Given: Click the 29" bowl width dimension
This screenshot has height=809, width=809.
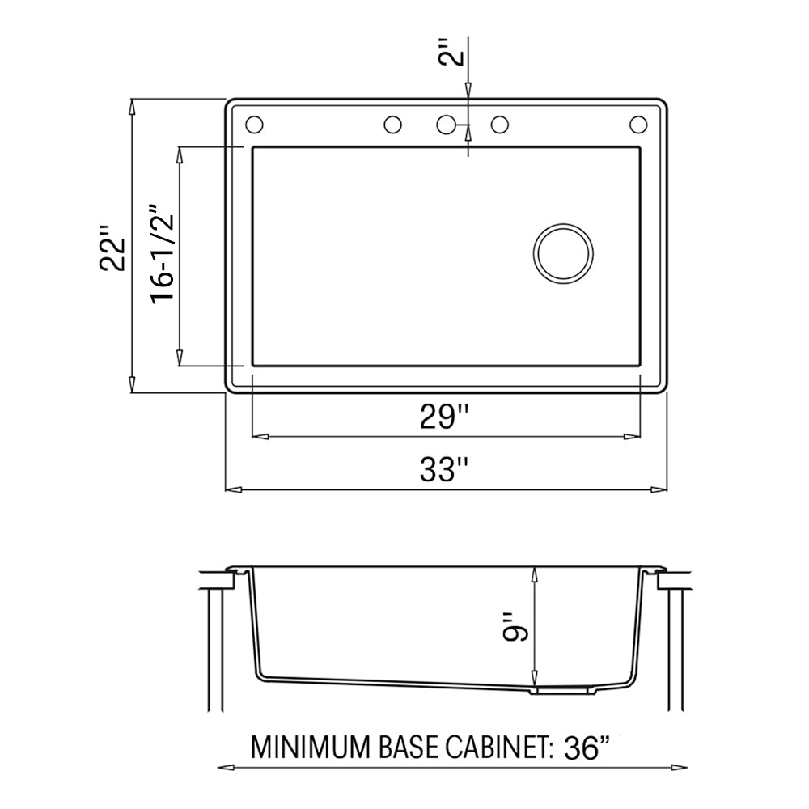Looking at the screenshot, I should [x=445, y=417].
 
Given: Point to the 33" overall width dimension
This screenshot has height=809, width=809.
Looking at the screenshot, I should [x=445, y=471].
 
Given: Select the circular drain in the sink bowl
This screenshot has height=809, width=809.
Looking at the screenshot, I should [x=563, y=253].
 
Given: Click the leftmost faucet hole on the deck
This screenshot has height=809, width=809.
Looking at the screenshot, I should [x=253, y=125].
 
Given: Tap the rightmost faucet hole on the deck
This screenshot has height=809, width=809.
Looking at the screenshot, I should [x=638, y=125].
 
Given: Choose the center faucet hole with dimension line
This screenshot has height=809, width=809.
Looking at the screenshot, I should [x=446, y=125].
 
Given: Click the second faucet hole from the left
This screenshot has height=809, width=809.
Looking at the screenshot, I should [x=392, y=125].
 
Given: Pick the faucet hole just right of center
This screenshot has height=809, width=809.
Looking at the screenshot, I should [x=500, y=125].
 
